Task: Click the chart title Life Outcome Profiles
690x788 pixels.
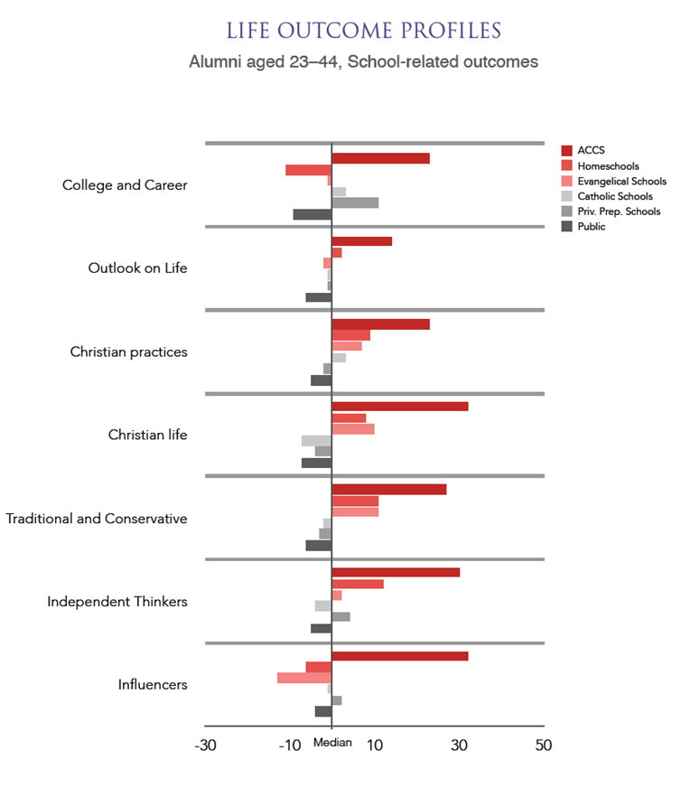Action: click(363, 30)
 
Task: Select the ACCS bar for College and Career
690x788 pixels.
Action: click(380, 158)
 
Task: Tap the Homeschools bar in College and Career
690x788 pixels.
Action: click(308, 170)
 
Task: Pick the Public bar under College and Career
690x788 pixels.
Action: click(312, 214)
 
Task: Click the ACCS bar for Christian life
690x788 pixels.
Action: click(399, 407)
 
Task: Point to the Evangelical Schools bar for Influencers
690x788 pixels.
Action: click(303, 678)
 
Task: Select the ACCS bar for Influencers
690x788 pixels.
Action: click(399, 655)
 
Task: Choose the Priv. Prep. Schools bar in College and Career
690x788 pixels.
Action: click(355, 202)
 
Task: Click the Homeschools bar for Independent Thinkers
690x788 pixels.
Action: click(358, 584)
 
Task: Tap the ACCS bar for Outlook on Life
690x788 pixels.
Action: click(361, 241)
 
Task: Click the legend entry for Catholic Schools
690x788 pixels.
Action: click(615, 196)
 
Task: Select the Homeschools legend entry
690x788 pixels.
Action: click(608, 166)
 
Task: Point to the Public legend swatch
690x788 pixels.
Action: click(567, 227)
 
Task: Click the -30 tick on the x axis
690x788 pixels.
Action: click(206, 746)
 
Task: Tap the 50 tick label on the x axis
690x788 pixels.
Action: click(543, 746)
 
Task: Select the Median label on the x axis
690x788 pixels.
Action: click(332, 743)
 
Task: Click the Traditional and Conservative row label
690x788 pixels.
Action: click(97, 519)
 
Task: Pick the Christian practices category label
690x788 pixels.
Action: click(129, 352)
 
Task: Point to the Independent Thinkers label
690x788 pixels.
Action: click(117, 602)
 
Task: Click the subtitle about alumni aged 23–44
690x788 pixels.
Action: click(363, 62)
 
